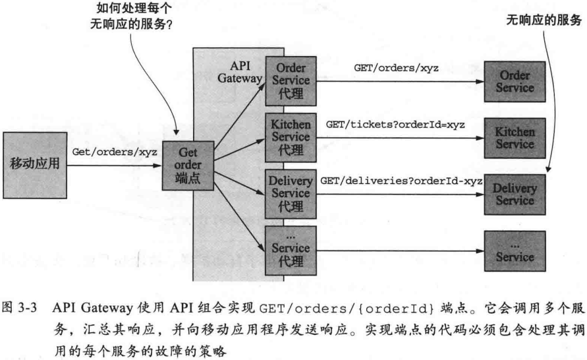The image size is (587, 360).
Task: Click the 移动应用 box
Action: tap(34, 164)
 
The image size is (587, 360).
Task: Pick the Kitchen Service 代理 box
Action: tap(291, 137)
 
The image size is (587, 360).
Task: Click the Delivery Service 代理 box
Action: tap(291, 193)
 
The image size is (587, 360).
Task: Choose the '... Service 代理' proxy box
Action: tap(291, 249)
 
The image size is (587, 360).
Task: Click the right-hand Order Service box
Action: tap(515, 81)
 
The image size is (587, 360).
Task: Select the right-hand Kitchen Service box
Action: tap(515, 137)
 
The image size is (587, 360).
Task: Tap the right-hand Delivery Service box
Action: tap(515, 194)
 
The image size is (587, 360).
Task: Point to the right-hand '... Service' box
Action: tap(515, 250)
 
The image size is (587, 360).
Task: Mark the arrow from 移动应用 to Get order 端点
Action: tap(115, 165)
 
